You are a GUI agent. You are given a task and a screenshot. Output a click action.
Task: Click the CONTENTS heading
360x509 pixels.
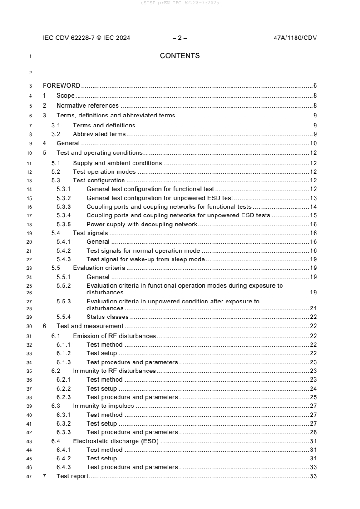tap(180, 56)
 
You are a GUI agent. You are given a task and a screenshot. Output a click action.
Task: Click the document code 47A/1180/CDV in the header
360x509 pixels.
tap(292, 38)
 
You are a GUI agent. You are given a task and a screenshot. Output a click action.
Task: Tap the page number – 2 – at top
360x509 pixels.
tap(180, 38)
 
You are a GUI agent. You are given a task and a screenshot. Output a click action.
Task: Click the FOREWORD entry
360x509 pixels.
tap(61, 85)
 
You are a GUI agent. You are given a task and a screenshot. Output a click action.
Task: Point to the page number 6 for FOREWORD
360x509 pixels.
tap(315, 85)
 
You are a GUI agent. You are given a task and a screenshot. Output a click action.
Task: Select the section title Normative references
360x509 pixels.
tap(88, 106)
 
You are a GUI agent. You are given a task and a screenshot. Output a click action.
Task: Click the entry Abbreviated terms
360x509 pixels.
tap(99, 134)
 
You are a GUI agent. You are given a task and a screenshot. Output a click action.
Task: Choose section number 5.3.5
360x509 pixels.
tap(64, 224)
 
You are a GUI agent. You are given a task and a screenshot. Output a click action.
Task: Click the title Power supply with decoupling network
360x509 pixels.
tap(142, 224)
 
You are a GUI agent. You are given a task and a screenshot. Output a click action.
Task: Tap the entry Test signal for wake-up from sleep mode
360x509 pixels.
tap(146, 259)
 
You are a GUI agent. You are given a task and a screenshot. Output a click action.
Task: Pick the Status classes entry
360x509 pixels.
tap(107, 317)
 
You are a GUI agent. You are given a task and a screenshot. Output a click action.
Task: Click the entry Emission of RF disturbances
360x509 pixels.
tap(114, 336)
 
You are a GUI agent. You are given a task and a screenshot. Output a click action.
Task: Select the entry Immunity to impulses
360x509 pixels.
tap(104, 406)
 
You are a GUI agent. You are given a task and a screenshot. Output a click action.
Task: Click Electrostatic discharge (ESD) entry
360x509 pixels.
tap(115, 441)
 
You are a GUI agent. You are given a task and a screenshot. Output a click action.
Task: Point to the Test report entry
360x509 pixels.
tap(72, 476)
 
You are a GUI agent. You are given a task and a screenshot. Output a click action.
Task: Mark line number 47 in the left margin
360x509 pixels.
tap(30, 476)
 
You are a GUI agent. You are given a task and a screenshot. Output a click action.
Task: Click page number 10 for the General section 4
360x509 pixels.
tap(313, 143)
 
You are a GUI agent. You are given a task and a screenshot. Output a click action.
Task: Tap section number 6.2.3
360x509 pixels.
tap(64, 397)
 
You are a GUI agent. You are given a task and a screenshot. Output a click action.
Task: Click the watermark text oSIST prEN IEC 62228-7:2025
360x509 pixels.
tap(180, 3)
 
